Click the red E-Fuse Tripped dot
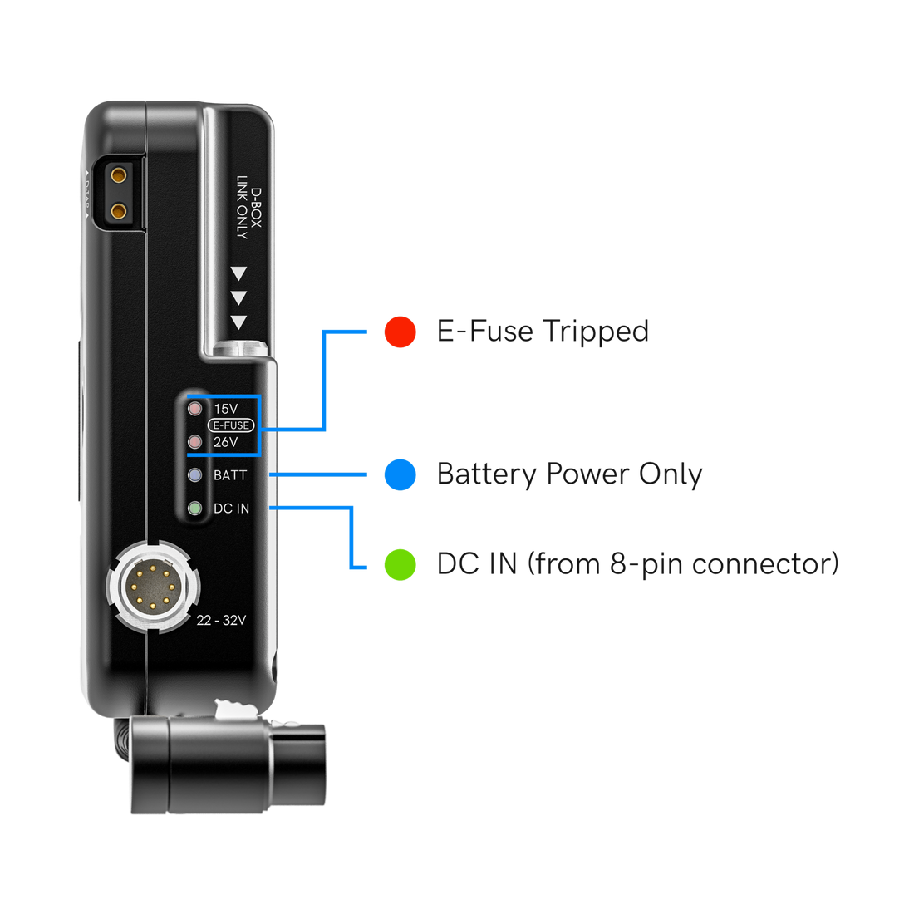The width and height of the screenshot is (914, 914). [400, 332]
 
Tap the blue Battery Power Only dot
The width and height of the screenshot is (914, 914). [400, 474]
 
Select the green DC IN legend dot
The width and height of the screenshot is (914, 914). [400, 564]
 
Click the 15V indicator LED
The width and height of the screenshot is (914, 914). [195, 409]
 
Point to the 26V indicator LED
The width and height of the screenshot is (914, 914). [195, 442]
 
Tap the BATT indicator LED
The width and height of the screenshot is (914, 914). [195, 475]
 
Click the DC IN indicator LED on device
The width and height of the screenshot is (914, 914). [195, 508]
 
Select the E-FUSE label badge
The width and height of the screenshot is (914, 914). [231, 425]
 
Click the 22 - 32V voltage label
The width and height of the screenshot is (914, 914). [221, 620]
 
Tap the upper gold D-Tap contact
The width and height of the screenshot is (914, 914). [120, 175]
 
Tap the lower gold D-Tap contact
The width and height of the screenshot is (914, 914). [120, 211]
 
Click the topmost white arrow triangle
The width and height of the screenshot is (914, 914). [239, 273]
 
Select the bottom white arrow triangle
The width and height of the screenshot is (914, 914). [239, 322]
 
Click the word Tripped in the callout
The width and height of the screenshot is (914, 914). [595, 331]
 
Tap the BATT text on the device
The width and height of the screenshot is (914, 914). [230, 475]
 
